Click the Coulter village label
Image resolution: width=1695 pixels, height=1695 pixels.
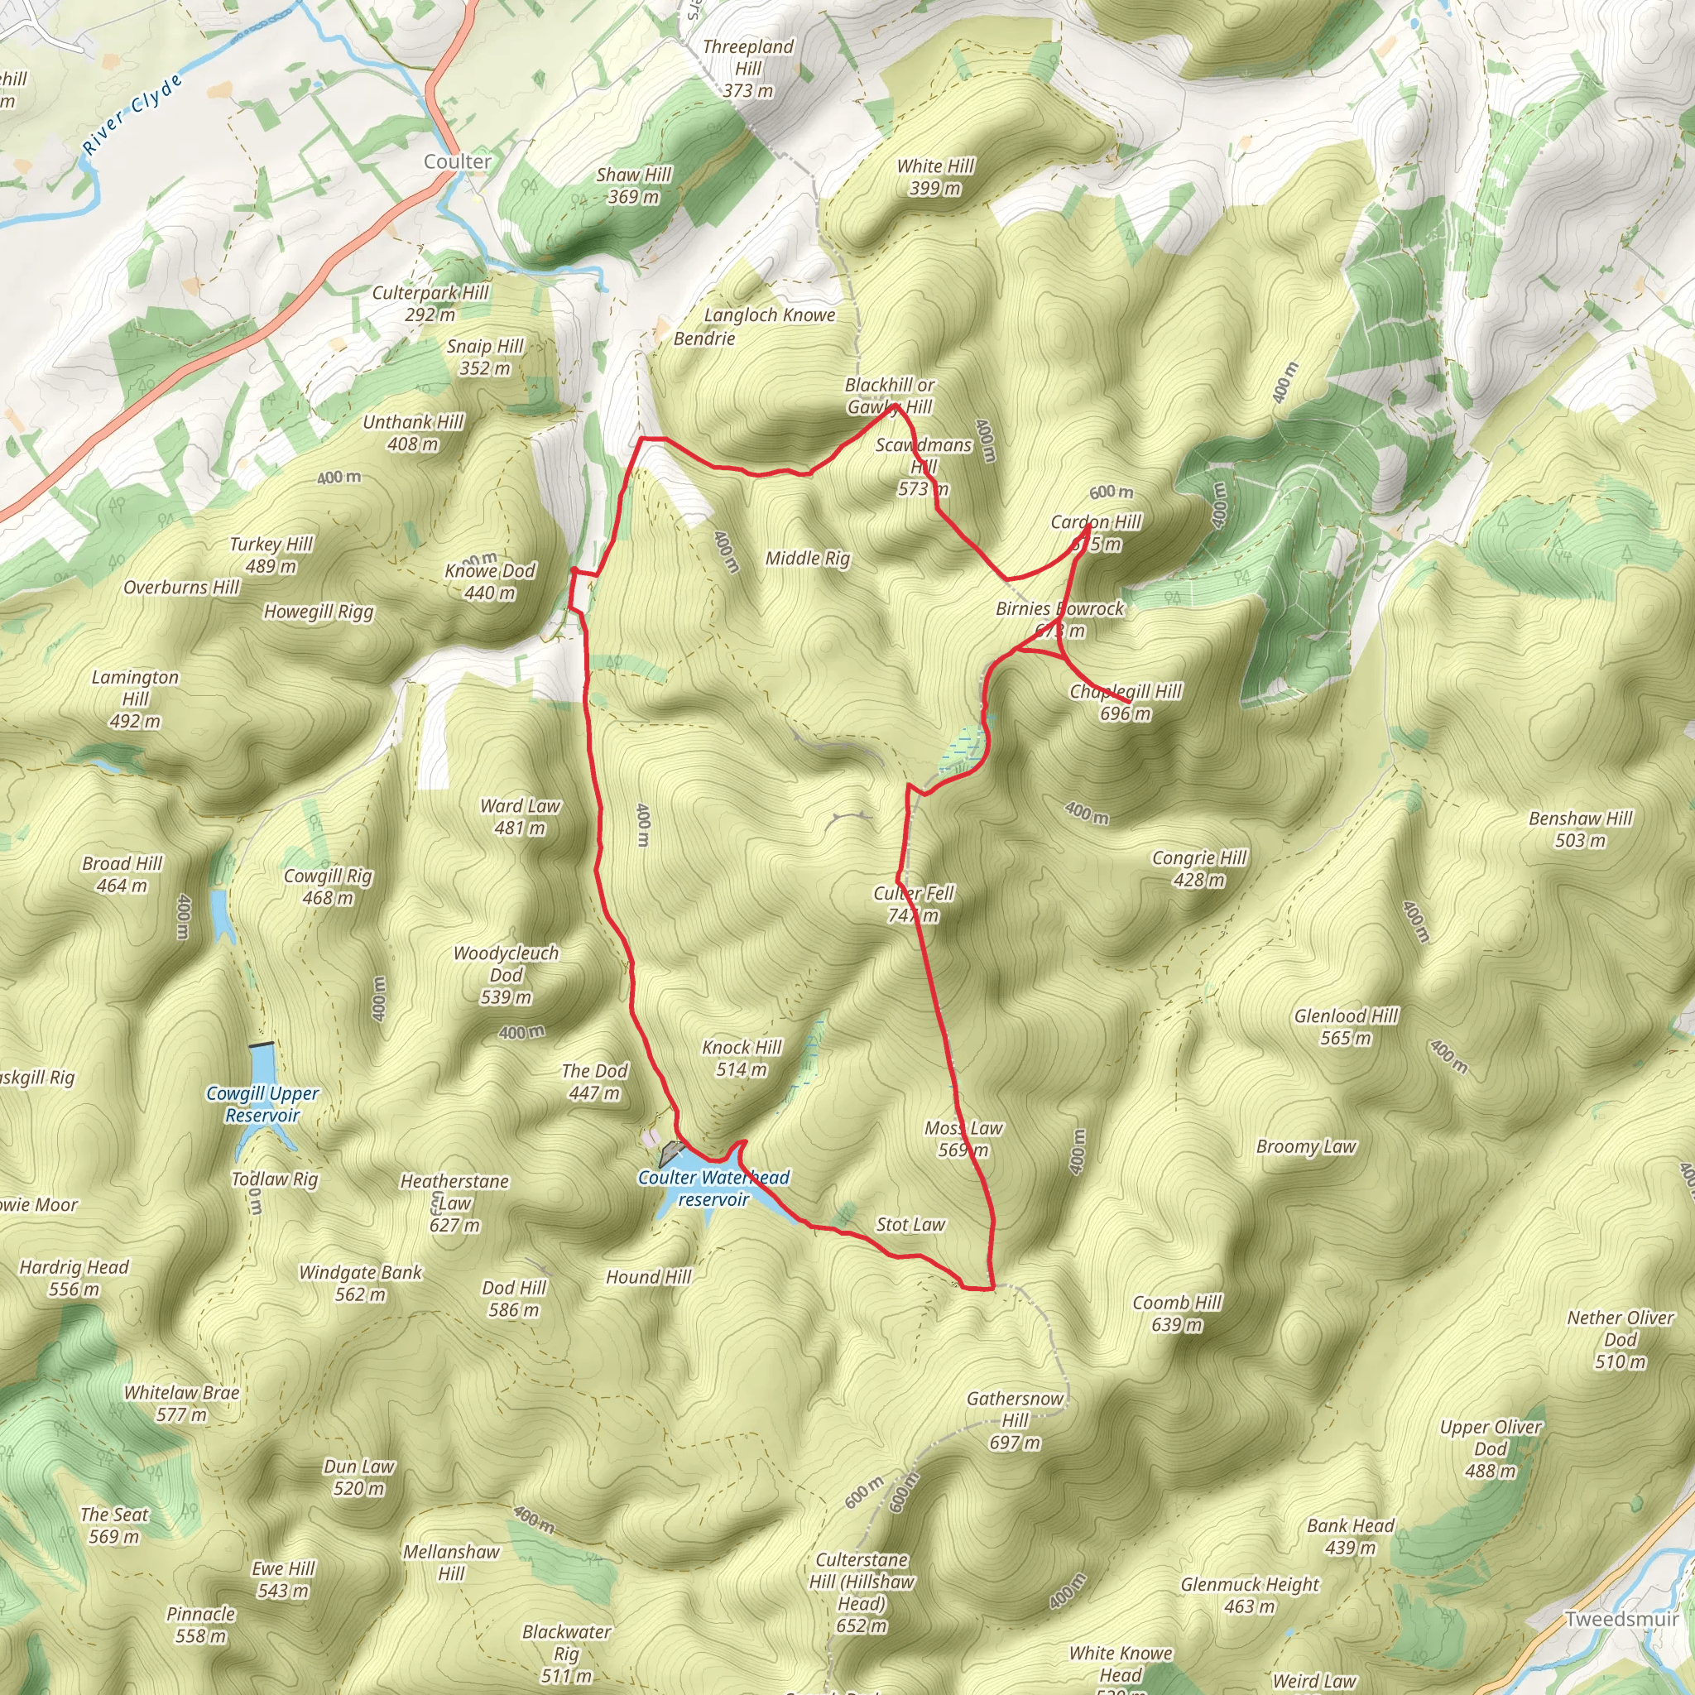[457, 161]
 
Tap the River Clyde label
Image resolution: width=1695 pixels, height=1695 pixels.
[133, 114]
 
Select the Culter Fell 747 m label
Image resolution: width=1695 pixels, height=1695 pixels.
[914, 904]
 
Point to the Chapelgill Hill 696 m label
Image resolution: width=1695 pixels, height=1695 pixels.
[1126, 702]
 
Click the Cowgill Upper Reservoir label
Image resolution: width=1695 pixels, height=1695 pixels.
[262, 1104]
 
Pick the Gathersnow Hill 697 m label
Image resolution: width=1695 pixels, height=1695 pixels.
[1015, 1419]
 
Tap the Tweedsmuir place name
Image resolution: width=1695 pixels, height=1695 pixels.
[1621, 1619]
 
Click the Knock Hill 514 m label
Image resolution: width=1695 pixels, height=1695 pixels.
[742, 1058]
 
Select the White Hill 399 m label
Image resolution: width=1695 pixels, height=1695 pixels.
[935, 177]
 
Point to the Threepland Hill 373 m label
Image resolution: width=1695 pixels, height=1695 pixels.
[748, 68]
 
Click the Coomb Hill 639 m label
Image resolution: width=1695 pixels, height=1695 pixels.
[1177, 1313]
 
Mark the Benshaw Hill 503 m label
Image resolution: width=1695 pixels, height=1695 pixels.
[1580, 829]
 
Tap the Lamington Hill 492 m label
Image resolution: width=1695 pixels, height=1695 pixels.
[135, 699]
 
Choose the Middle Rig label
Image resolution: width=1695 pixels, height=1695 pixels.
[807, 558]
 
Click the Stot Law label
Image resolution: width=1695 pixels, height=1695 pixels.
[910, 1224]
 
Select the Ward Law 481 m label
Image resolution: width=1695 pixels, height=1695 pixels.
[521, 816]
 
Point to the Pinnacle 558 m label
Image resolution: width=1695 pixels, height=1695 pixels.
[201, 1624]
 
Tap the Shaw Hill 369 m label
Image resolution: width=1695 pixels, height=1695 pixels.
[633, 185]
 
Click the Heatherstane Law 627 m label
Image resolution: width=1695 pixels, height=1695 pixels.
[454, 1203]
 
